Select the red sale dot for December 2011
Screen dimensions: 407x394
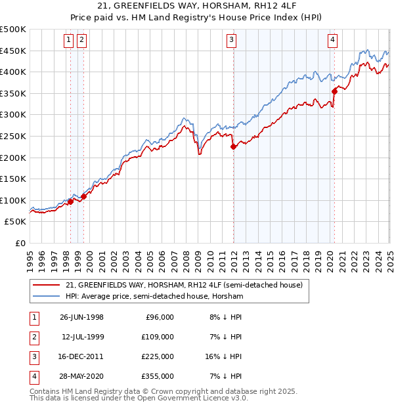[x=233, y=147]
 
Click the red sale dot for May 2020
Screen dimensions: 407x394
[x=334, y=91]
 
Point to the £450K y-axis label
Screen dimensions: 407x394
[x=13, y=51]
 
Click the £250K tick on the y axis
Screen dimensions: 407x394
[x=13, y=136]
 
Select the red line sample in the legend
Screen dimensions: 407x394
[x=47, y=285]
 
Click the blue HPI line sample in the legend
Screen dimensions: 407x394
[x=47, y=296]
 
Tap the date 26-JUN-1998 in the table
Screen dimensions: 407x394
[x=81, y=317]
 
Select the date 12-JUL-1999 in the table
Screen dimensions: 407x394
[x=81, y=337]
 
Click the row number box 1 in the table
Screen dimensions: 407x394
[x=32, y=317]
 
